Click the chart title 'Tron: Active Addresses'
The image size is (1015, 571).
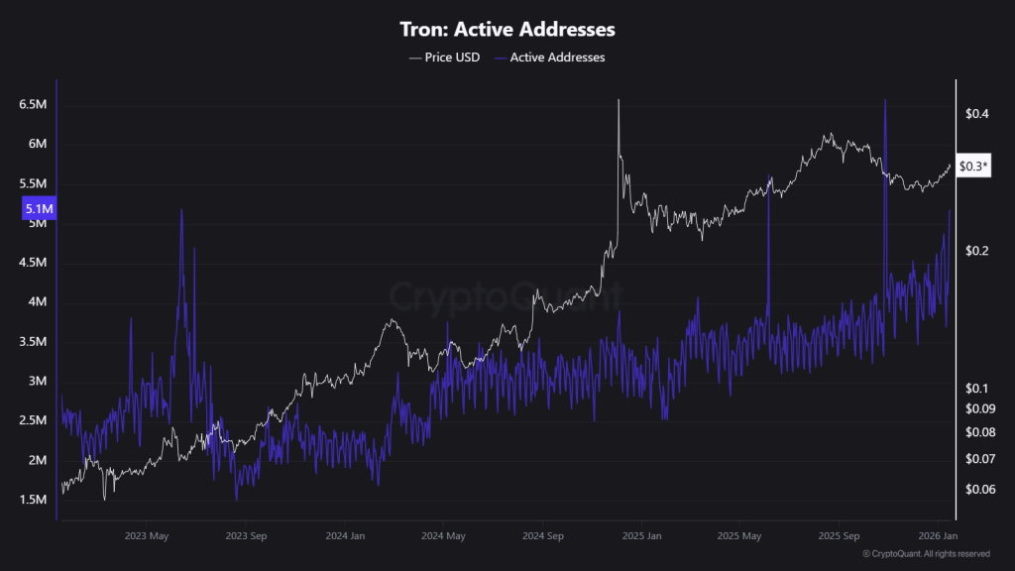pos(507,30)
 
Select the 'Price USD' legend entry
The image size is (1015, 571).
pos(445,57)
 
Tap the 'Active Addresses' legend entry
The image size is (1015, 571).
pos(556,57)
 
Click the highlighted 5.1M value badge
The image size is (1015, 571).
pos(39,208)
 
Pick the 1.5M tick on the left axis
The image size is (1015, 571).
pos(33,500)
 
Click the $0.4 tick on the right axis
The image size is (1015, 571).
pos(976,114)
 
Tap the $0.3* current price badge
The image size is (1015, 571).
pos(975,167)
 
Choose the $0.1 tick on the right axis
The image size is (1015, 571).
pos(976,388)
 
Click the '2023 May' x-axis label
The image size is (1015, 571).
pos(147,535)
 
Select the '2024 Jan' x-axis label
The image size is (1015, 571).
pos(345,535)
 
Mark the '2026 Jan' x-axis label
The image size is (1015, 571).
pos(937,535)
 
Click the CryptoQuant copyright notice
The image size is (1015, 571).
pos(926,554)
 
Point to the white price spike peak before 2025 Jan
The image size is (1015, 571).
pos(619,100)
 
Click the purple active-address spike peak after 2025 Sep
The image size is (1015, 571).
pos(884,100)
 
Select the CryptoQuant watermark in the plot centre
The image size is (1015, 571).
pos(506,295)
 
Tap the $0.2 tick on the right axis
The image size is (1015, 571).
pos(976,251)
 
